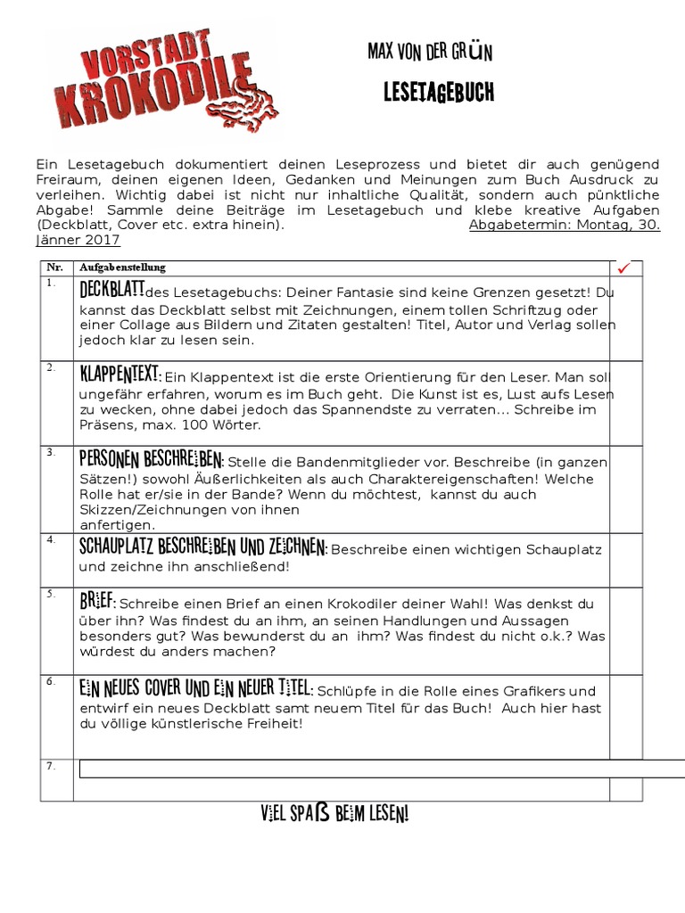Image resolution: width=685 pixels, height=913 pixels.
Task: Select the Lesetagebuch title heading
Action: point(437,93)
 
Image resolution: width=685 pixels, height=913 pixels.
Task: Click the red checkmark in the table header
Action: point(624,267)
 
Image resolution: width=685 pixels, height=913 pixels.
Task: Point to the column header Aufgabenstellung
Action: point(122,267)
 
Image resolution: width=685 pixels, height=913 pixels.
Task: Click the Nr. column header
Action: point(54,267)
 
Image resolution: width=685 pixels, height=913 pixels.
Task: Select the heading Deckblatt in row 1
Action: point(112,291)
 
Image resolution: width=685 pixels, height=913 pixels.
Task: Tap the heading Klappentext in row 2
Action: point(120,374)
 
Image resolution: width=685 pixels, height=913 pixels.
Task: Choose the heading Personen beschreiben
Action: point(151,459)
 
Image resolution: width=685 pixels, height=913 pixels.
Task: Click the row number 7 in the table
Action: point(51,766)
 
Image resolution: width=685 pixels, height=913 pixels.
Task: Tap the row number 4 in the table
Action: point(52,539)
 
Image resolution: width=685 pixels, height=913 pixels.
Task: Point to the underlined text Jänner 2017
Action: point(78,240)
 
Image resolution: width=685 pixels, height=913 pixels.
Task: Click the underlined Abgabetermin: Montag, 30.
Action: point(564,225)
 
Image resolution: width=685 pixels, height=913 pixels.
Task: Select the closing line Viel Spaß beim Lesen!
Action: point(335,814)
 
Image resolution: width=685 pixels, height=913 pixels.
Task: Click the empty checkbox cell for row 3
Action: point(625,489)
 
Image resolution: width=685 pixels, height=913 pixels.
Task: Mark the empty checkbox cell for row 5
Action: point(625,629)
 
